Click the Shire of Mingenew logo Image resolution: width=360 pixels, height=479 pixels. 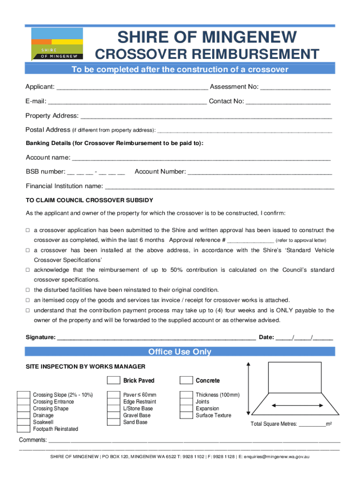58,44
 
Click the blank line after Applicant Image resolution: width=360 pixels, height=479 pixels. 132,87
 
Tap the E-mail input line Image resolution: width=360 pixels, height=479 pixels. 127,102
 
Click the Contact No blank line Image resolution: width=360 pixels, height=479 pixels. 288,102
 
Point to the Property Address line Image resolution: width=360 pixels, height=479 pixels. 206,116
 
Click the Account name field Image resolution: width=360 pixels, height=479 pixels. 202,158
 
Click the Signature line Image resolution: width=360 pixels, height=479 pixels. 156,338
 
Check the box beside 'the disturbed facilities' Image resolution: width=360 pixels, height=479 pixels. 28,290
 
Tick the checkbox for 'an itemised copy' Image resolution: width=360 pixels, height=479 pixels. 28,300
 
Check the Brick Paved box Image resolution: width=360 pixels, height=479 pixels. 114,380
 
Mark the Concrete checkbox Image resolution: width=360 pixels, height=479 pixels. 186,380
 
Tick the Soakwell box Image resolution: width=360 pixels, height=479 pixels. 23,422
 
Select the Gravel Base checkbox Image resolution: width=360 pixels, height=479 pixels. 113,415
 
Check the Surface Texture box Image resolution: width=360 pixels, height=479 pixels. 186,415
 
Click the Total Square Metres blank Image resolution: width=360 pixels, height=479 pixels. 312,424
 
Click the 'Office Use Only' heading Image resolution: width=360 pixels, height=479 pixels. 180,352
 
